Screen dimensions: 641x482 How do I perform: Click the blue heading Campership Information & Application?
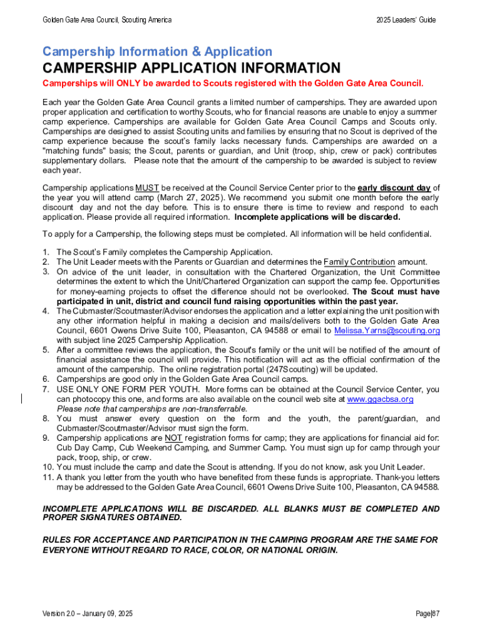(157, 52)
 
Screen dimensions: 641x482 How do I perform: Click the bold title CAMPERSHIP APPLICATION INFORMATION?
(191, 68)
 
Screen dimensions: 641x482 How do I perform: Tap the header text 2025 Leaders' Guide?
(406, 20)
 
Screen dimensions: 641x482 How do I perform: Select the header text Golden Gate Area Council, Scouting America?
(106, 20)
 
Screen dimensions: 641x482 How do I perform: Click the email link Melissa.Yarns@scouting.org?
(387, 331)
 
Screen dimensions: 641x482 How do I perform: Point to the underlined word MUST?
(147, 188)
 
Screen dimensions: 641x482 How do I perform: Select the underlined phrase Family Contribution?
(359, 262)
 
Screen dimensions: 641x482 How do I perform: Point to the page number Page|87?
(428, 613)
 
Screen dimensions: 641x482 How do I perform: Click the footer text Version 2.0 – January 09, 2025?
(87, 613)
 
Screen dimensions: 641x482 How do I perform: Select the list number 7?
(46, 389)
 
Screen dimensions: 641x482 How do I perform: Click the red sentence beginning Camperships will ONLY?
(233, 83)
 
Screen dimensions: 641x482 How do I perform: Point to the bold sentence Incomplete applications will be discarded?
(317, 217)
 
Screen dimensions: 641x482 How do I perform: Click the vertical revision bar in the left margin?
(23, 399)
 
